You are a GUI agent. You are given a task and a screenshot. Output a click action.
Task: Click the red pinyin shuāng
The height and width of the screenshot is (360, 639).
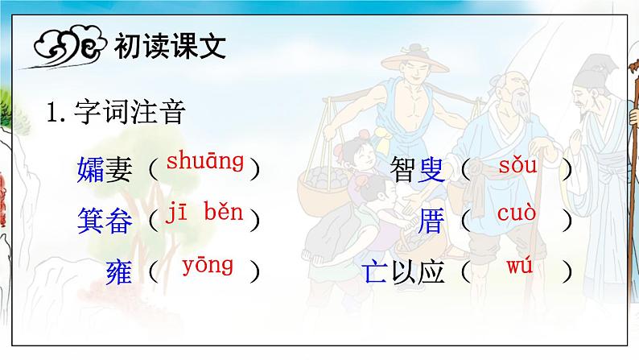click(204, 161)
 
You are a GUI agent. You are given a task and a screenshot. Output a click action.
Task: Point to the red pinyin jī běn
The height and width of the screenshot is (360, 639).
click(204, 213)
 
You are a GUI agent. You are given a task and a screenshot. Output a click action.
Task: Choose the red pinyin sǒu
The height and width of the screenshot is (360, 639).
click(517, 166)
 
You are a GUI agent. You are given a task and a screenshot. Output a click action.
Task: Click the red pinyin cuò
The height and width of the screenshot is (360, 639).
click(517, 214)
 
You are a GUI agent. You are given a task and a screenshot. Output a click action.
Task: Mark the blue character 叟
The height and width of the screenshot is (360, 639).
click(431, 170)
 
